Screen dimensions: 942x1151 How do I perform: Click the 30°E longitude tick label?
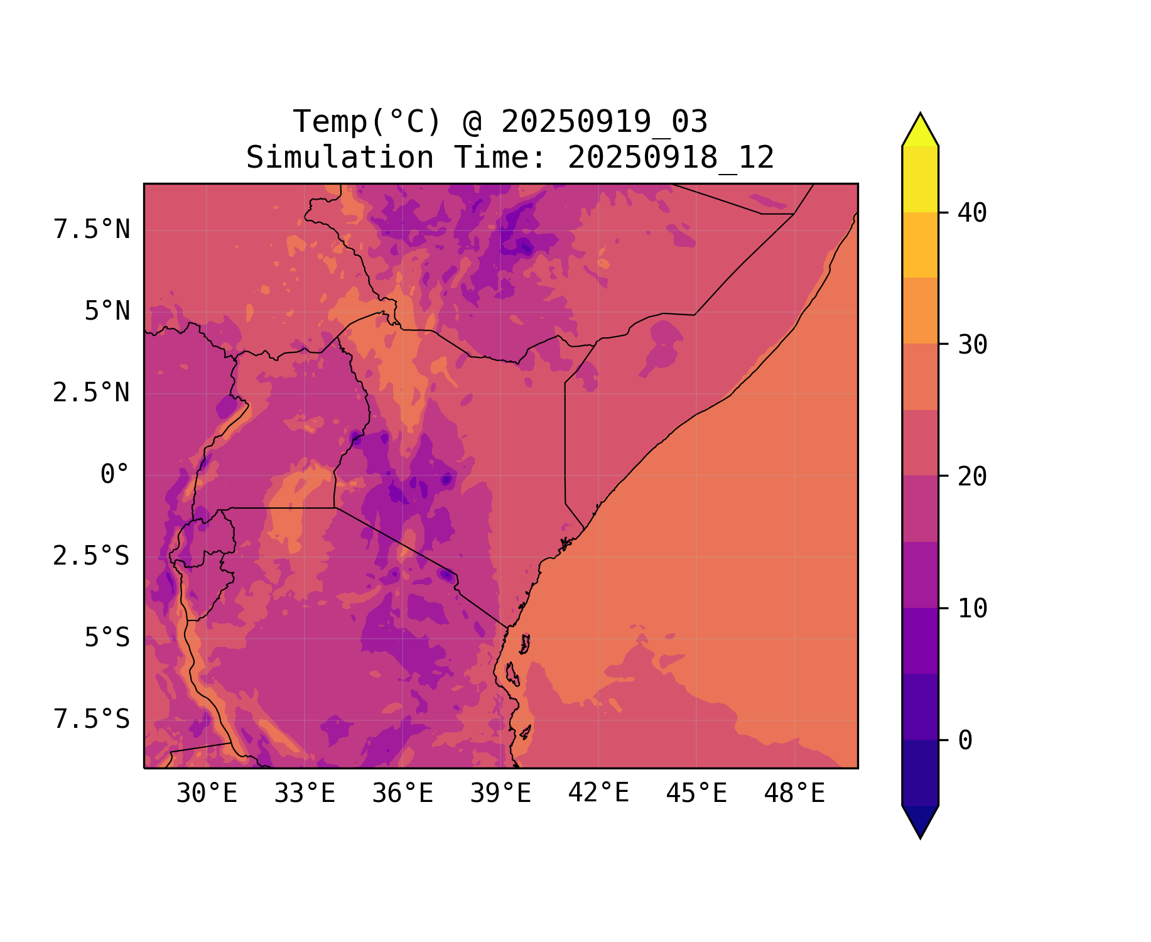click(207, 794)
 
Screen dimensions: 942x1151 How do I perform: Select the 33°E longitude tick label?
click(305, 794)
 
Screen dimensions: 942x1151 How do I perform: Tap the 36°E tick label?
click(403, 794)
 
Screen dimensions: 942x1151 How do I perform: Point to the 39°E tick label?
click(500, 794)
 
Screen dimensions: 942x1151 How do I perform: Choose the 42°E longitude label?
click(598, 793)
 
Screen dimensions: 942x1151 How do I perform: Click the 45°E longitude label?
click(696, 794)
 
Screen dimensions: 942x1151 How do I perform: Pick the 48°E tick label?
click(794, 794)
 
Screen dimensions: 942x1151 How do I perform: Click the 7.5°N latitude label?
click(92, 230)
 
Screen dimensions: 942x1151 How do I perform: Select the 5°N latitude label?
click(107, 311)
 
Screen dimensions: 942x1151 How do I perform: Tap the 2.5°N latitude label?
click(92, 393)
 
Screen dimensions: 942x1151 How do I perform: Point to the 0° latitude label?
click(115, 475)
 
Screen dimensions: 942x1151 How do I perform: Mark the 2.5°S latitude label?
click(92, 556)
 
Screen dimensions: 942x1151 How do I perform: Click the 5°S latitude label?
click(107, 638)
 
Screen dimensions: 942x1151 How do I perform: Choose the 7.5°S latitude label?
click(92, 720)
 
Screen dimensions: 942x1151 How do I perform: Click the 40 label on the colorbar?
click(972, 213)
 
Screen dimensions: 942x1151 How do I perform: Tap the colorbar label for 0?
click(965, 741)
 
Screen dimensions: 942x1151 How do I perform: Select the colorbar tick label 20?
click(972, 477)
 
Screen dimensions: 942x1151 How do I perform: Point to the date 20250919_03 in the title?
click(604, 122)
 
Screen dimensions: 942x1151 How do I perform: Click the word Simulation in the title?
click(340, 158)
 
